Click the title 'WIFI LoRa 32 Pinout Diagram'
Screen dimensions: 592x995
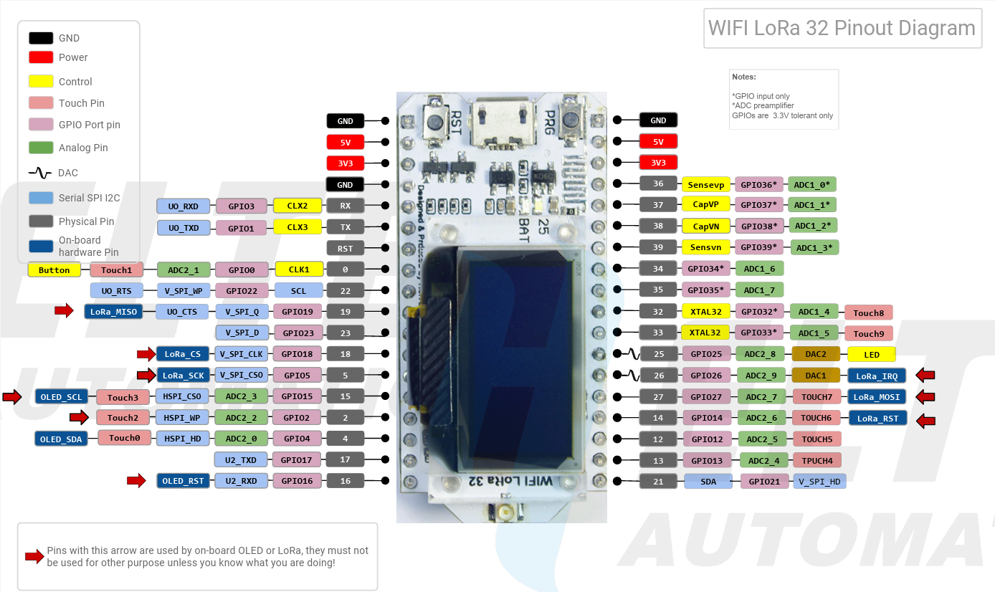[x=842, y=28]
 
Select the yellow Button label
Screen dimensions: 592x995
[x=54, y=270]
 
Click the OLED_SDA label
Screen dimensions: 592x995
[x=61, y=439]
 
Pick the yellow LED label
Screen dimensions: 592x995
[x=871, y=354]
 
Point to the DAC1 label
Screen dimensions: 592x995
[x=815, y=375]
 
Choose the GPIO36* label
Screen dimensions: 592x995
[x=758, y=184]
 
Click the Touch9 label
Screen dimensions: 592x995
[x=868, y=333]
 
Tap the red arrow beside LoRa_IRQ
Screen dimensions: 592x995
[x=925, y=375]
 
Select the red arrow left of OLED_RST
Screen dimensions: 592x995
[x=136, y=480]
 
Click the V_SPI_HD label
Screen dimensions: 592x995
[x=819, y=482]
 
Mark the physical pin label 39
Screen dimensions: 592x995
[x=658, y=247]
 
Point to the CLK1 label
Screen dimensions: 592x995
[x=299, y=270]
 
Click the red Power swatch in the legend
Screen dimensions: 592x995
[x=41, y=57]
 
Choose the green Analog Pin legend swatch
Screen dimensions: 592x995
[x=41, y=148]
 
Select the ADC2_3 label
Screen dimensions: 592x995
[x=242, y=396]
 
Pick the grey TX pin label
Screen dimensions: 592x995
[x=345, y=227]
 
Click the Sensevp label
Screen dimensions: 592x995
[x=705, y=184]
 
